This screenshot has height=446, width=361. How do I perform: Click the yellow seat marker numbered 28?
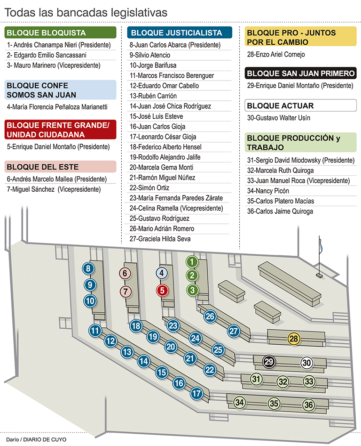[294, 339]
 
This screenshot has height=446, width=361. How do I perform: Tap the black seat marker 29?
[269, 362]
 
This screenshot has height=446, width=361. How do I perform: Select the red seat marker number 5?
[162, 291]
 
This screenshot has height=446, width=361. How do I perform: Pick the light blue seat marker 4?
[161, 273]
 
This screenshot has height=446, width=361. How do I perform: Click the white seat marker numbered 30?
[306, 363]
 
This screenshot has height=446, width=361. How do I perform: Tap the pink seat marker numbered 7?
[125, 291]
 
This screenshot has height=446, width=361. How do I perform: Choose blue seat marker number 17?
[196, 393]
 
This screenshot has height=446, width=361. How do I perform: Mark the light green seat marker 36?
[308, 405]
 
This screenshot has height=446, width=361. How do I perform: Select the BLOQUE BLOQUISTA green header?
[61, 33]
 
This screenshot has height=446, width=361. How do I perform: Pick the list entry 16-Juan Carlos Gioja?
[157, 127]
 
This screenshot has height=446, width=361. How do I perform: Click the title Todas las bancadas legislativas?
[86, 13]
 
